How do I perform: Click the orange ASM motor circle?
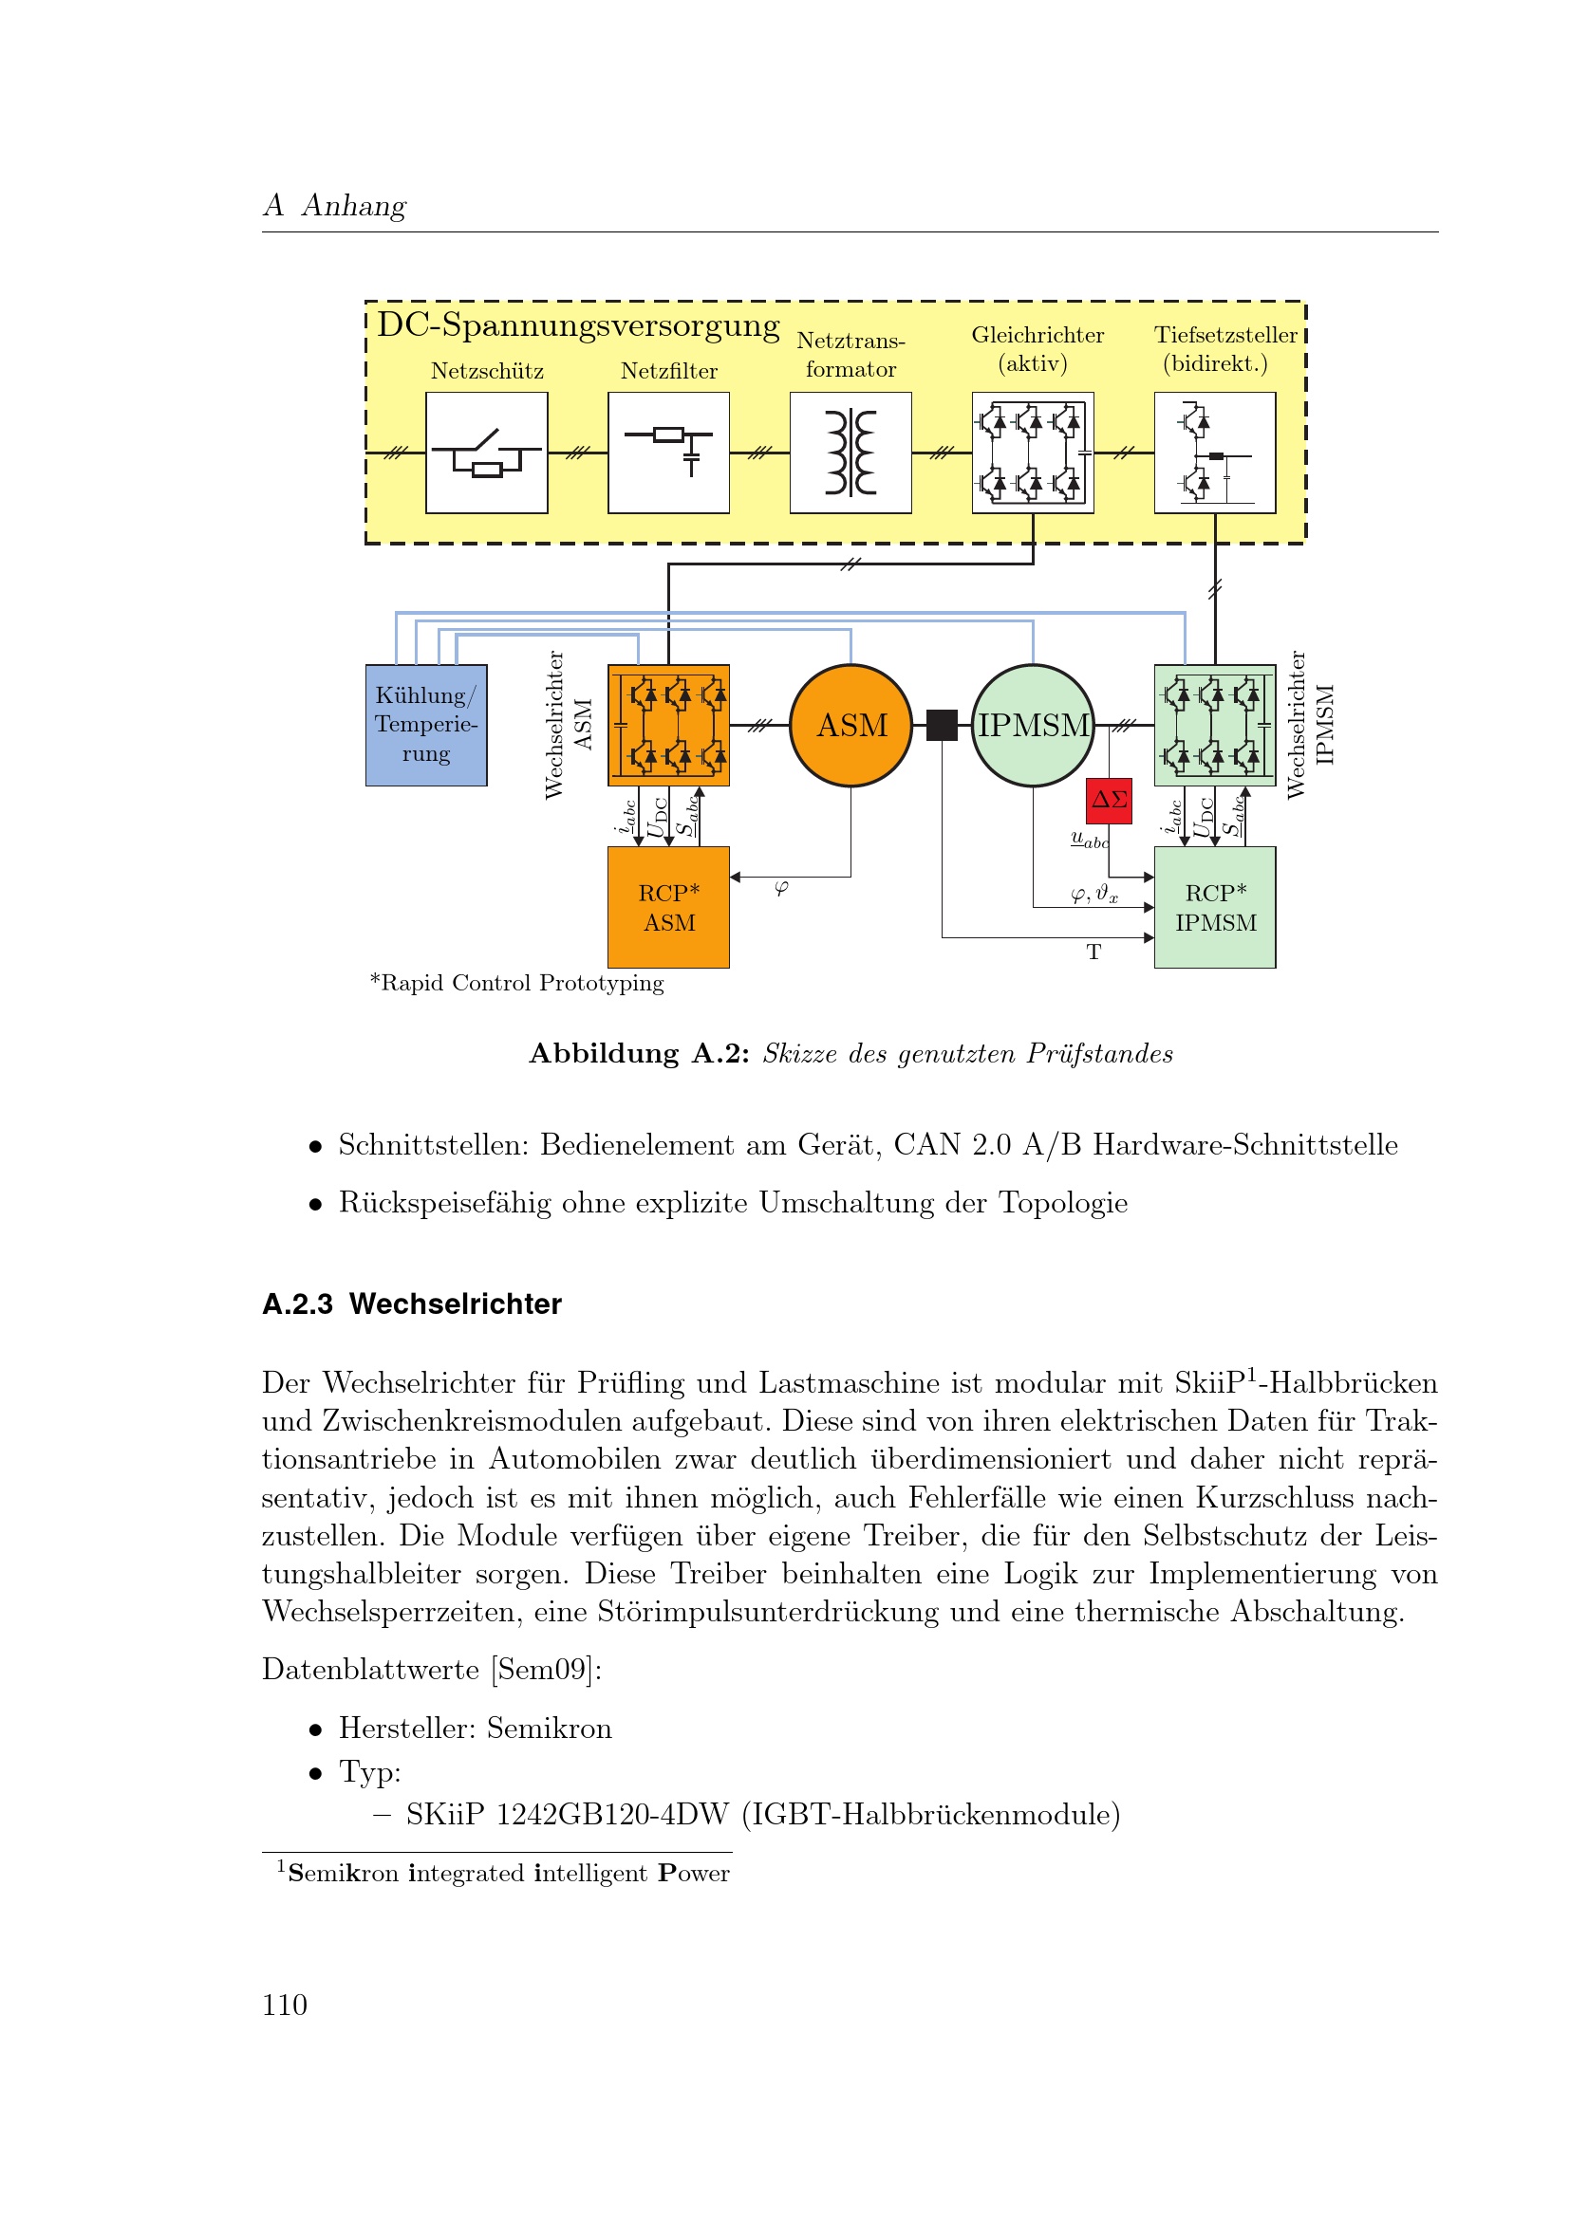(850, 725)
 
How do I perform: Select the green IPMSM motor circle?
(1033, 725)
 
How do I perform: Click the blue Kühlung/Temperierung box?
(426, 725)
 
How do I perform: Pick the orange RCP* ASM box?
(668, 908)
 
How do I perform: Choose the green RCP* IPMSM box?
(1215, 908)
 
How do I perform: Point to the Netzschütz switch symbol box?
(486, 453)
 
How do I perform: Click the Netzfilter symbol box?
(668, 453)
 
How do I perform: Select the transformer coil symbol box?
(850, 453)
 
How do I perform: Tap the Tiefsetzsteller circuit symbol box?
(1215, 453)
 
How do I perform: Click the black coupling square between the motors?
(942, 725)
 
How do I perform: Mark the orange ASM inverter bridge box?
(668, 725)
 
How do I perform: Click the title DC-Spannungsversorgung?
(578, 325)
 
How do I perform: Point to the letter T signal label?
(1093, 952)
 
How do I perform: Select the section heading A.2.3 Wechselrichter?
(412, 1304)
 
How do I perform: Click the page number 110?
(284, 2006)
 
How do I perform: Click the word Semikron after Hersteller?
(549, 1728)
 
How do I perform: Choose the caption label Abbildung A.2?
(639, 1053)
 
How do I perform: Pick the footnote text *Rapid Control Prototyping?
(517, 983)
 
